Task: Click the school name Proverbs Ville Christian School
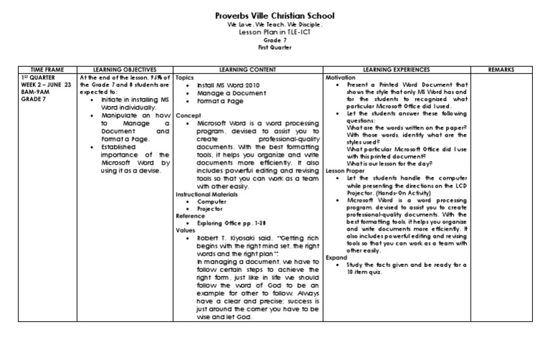pos(275,15)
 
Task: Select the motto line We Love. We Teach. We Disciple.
pos(275,25)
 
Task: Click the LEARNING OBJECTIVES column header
pos(125,69)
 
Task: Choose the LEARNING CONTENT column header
pos(249,69)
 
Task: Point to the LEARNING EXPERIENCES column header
pos(397,69)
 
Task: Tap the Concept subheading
pos(188,114)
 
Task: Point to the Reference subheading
pos(191,216)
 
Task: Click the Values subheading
pos(186,231)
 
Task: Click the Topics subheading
pos(185,77)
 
